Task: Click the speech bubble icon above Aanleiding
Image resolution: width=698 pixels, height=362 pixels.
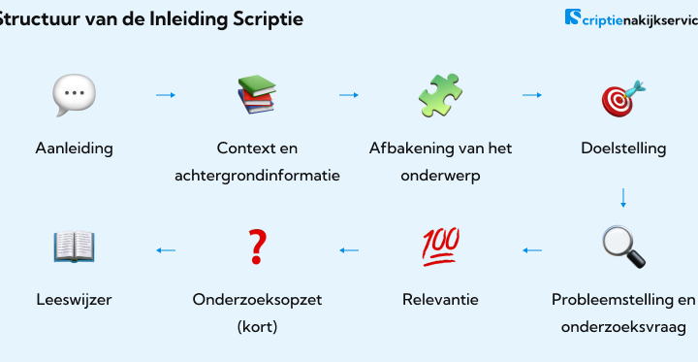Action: (x=74, y=95)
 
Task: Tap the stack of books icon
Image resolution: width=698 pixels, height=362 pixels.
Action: (x=257, y=94)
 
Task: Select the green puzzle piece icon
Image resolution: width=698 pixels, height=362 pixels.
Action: (x=440, y=95)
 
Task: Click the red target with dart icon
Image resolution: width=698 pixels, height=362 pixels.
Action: (x=623, y=99)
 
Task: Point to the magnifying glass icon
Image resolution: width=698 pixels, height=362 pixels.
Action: (x=623, y=247)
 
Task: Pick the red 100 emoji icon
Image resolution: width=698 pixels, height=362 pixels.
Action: (x=440, y=247)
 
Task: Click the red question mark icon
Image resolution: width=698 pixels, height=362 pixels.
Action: (x=257, y=247)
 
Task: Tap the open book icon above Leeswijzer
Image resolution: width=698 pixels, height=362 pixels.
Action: (x=74, y=247)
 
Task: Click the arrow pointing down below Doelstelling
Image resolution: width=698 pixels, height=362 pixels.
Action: (x=623, y=198)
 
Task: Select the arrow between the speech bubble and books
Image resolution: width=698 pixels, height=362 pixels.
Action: (x=166, y=95)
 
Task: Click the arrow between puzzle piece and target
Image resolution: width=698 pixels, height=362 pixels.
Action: (x=532, y=95)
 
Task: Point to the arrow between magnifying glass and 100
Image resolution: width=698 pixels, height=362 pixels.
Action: (x=532, y=250)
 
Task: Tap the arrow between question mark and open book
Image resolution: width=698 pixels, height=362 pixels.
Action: (x=166, y=250)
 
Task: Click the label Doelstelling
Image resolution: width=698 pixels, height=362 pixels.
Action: (x=623, y=148)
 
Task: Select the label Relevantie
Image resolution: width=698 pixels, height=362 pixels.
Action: (x=440, y=300)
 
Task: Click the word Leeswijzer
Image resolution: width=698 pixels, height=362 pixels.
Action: (x=74, y=300)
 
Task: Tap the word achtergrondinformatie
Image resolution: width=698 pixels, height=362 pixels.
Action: (x=257, y=176)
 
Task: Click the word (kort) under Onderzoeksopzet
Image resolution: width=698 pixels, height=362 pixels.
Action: (x=257, y=327)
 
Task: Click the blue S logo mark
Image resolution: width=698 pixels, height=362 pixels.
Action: (x=573, y=16)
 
